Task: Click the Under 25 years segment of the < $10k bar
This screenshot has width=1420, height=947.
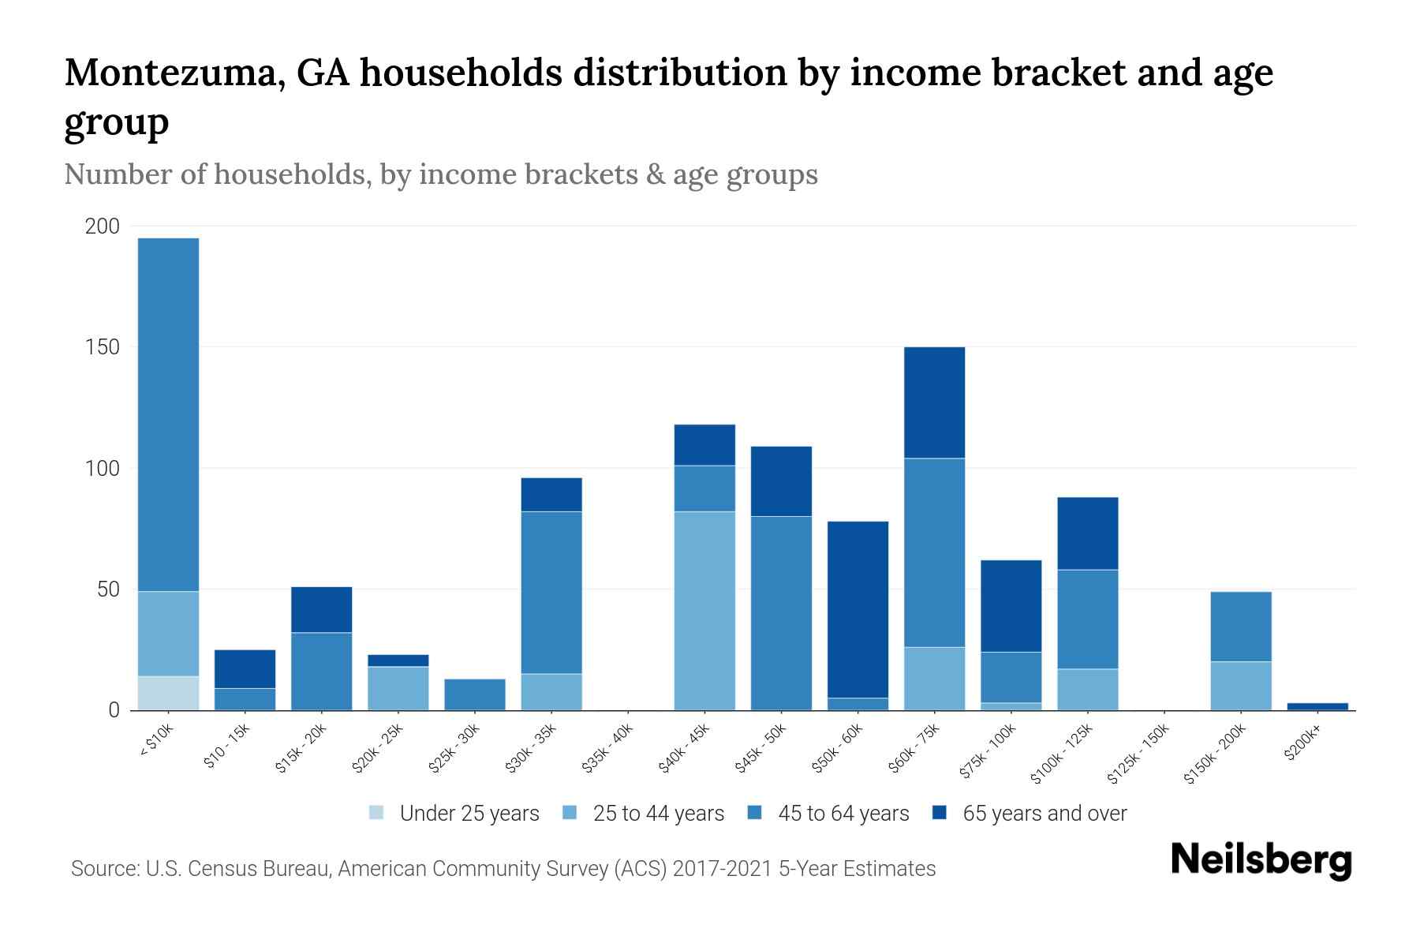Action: tap(168, 693)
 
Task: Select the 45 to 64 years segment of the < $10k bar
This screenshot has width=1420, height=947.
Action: tap(168, 414)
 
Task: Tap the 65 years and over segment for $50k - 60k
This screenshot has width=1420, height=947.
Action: tap(858, 609)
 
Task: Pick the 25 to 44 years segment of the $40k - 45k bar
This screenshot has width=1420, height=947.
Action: tap(704, 611)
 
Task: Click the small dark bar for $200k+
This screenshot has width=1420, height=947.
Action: tap(1317, 706)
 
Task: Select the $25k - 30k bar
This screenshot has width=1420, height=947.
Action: tap(475, 694)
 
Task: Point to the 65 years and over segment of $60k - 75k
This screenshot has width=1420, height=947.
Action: tap(934, 402)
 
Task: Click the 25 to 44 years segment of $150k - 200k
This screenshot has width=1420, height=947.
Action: tap(1241, 686)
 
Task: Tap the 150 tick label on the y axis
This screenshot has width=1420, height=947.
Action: tap(102, 347)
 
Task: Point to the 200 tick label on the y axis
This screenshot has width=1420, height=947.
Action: tap(102, 226)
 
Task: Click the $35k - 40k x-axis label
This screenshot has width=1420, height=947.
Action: tap(608, 753)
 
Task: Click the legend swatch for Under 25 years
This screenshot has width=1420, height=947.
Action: tap(377, 813)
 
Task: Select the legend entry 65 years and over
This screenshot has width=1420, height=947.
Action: tap(1044, 813)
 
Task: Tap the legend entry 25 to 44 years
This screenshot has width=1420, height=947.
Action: tap(658, 813)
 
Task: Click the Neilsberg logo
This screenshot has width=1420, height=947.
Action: tap(1261, 860)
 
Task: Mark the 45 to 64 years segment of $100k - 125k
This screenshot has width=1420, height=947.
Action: tap(1088, 619)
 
